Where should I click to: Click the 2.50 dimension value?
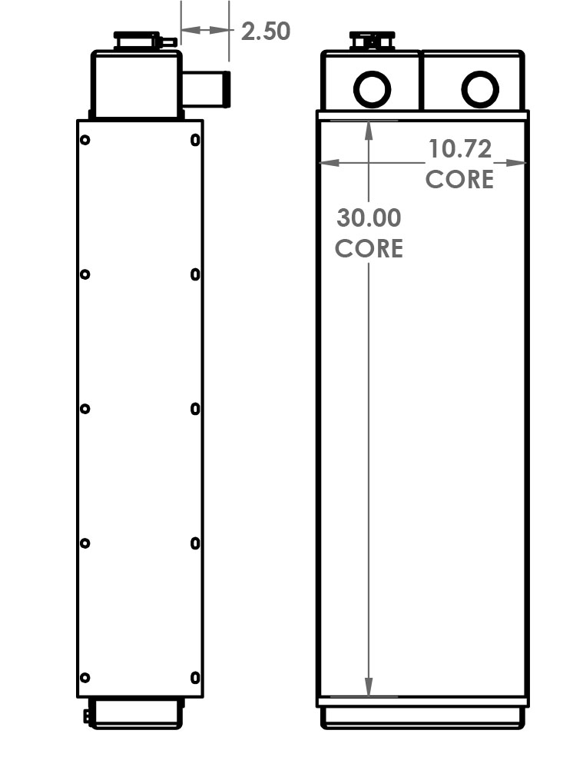[265, 32]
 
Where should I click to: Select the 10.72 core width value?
[459, 148]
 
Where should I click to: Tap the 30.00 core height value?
[369, 218]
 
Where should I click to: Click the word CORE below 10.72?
[459, 180]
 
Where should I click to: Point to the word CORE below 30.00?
[369, 249]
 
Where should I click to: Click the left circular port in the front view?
[372, 89]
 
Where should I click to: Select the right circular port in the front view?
[480, 89]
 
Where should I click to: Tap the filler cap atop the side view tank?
[137, 40]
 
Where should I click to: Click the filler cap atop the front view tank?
[372, 40]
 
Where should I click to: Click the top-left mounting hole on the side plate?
[85, 140]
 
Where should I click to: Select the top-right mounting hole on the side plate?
[195, 140]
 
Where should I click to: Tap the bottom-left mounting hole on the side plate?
[85, 678]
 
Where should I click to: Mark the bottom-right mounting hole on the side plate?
[195, 678]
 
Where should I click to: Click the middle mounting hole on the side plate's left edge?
[85, 409]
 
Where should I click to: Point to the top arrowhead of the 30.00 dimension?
[369, 129]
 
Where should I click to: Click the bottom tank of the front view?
[422, 717]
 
